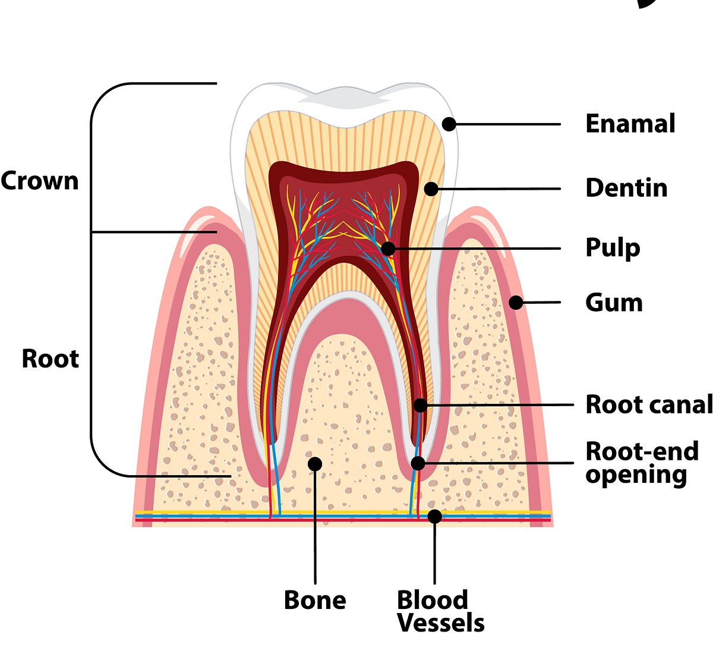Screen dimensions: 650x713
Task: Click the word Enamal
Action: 630,124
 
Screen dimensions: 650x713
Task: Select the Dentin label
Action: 626,188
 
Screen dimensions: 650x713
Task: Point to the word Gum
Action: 614,303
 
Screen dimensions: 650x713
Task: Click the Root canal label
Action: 648,404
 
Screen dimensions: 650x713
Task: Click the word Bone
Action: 315,600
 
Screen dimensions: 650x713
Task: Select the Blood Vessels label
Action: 440,611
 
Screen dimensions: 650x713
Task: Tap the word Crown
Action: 40,181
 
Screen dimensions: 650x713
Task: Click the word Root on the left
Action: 50,359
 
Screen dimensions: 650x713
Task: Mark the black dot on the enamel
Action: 449,124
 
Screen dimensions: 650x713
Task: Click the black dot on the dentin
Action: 431,189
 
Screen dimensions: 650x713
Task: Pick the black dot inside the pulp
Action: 387,249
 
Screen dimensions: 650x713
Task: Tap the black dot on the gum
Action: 516,302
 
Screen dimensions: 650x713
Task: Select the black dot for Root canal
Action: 420,405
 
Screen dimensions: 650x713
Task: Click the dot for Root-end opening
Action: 418,463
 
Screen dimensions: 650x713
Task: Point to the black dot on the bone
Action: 315,463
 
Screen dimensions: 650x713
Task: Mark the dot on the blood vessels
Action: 435,516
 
